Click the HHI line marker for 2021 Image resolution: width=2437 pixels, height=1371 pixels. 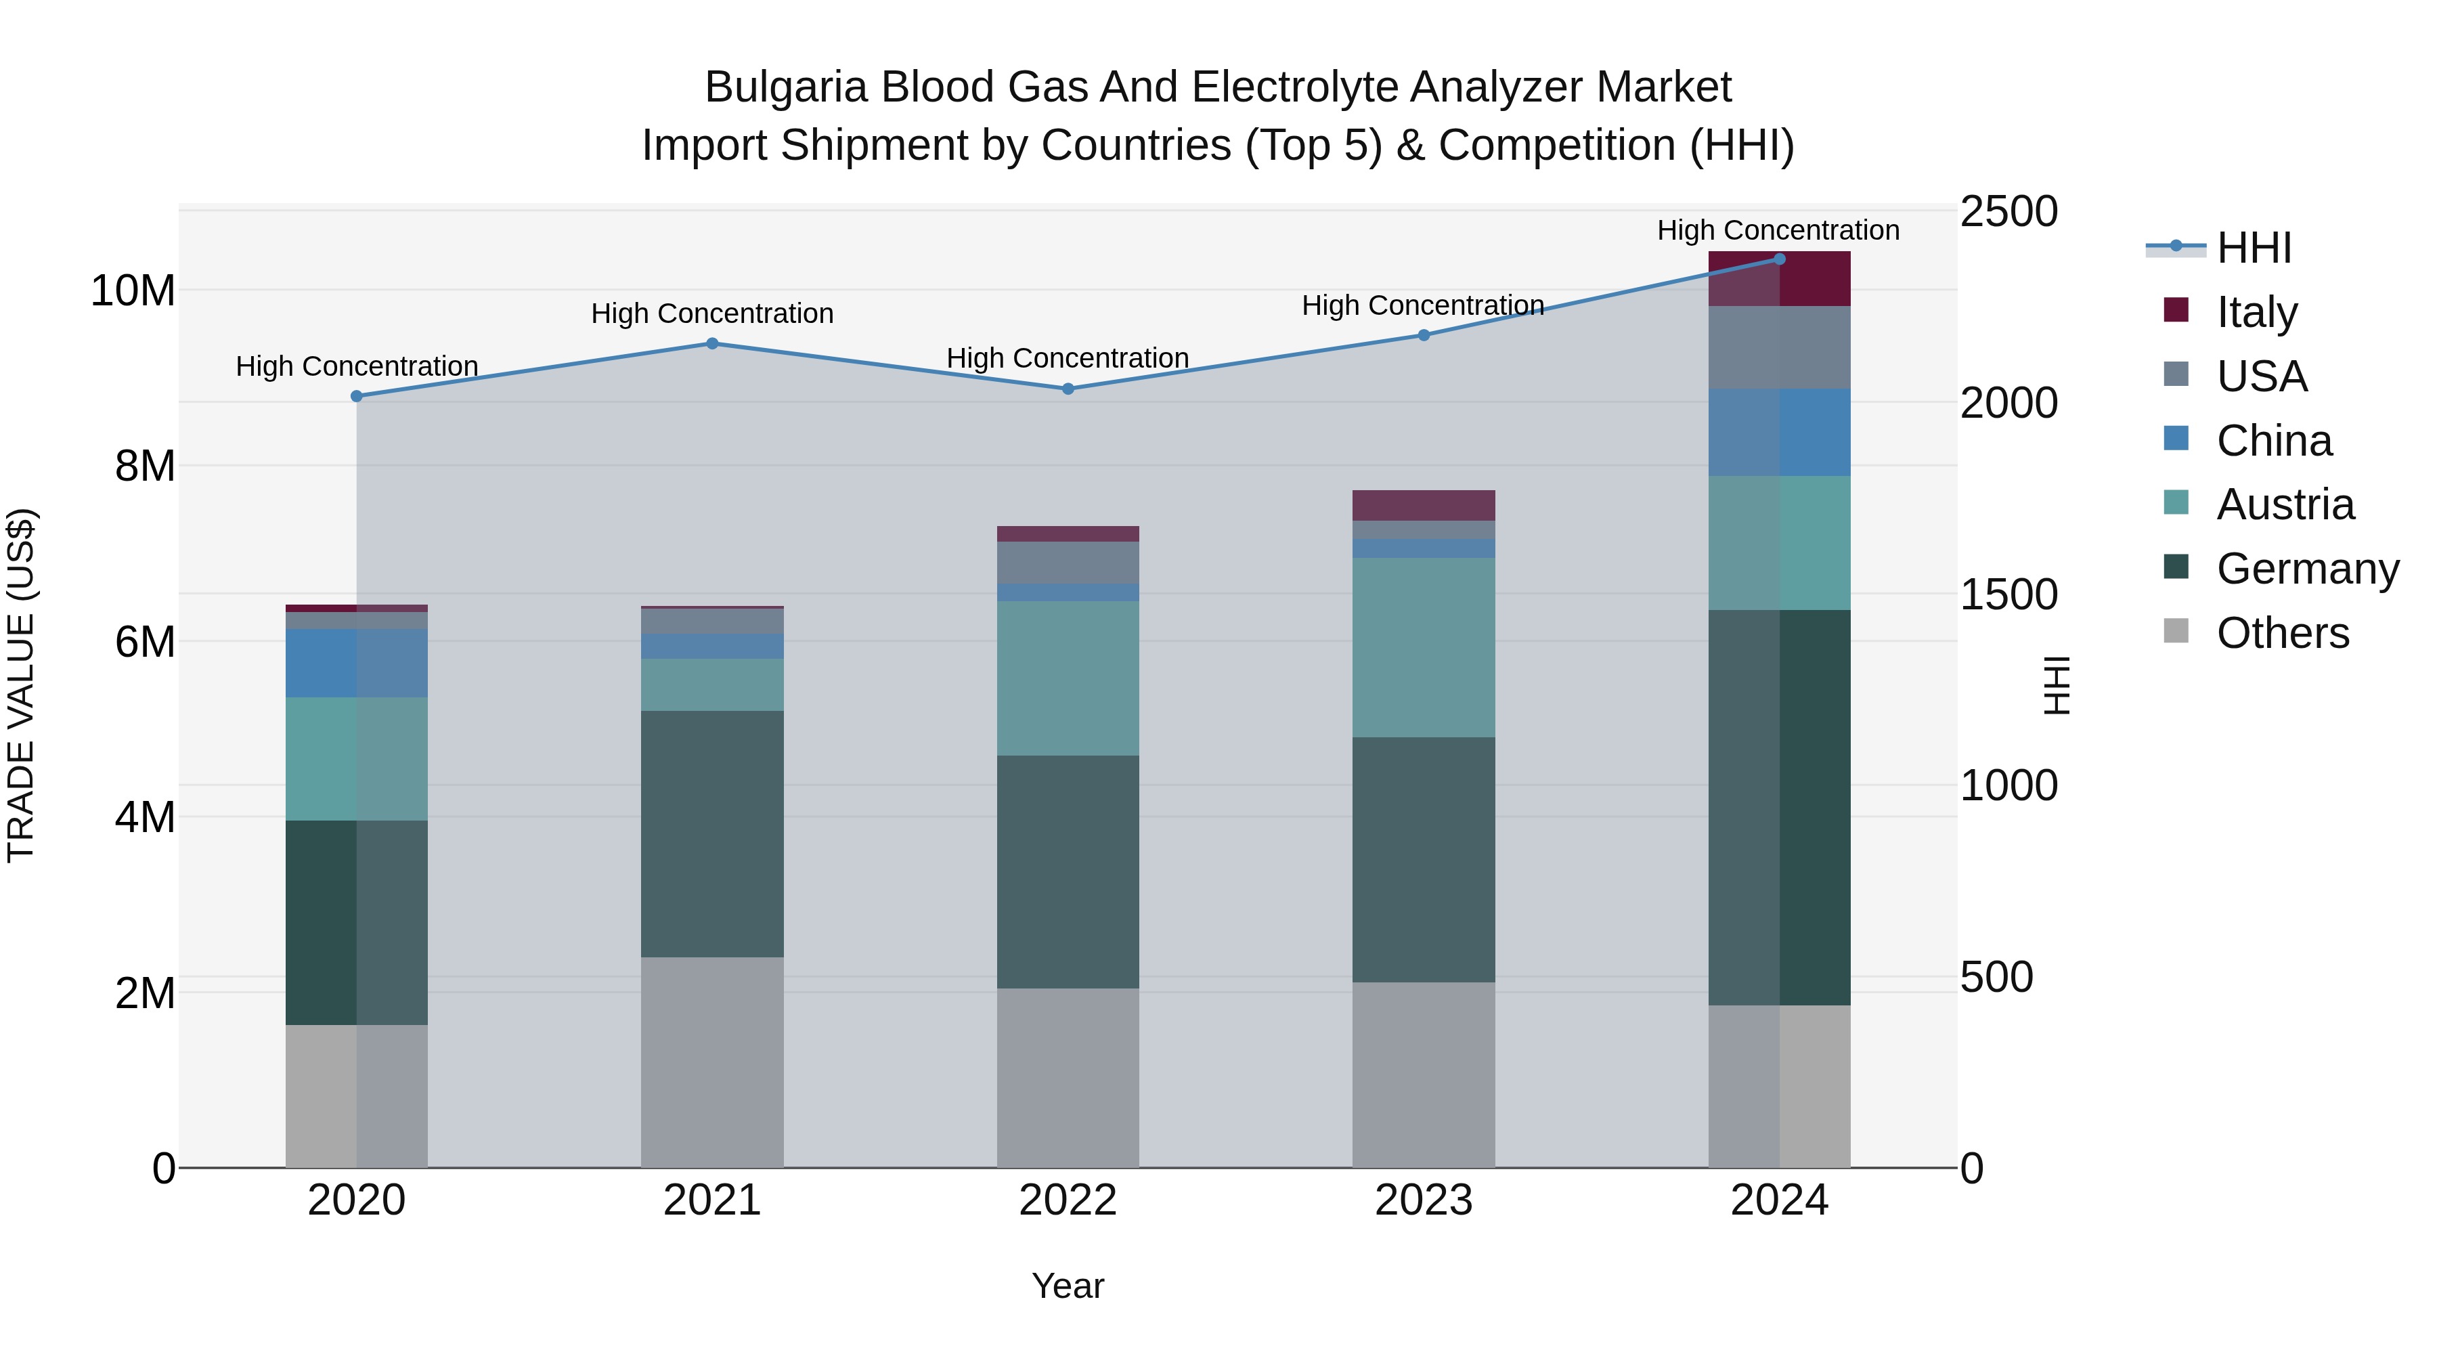pos(712,343)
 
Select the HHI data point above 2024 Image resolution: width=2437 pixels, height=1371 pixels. pos(1778,259)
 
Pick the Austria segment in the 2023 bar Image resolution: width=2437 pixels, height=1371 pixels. pos(1423,647)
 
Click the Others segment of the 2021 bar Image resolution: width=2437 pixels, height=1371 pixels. pos(712,1062)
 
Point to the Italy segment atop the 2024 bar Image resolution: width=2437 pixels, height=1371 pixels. pos(1778,279)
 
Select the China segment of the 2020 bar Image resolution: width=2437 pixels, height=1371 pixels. pos(357,663)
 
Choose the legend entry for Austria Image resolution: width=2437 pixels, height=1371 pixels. pos(2285,504)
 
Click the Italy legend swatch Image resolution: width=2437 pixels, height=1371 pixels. pos(2176,310)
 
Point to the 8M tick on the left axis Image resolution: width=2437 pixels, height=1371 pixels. pos(145,466)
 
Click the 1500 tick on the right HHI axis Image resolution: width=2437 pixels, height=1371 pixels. pos(2008,594)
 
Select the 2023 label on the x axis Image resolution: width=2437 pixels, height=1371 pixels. pos(1423,1200)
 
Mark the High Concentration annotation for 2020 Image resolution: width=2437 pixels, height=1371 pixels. pos(357,366)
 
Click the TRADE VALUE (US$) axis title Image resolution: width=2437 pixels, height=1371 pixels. pos(21,685)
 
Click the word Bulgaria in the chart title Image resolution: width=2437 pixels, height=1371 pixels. pos(785,87)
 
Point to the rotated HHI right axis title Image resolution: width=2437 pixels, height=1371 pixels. pos(2056,685)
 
